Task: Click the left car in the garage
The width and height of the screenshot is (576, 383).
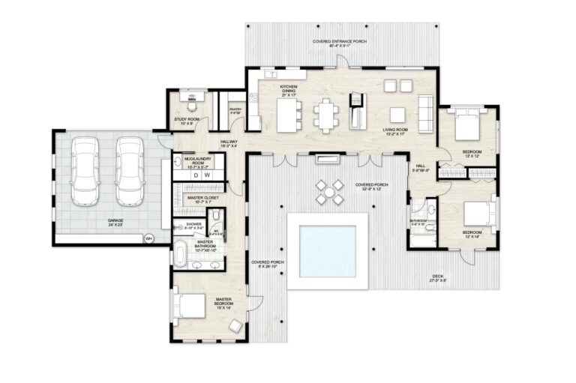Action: point(84,172)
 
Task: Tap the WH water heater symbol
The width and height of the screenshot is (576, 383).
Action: point(148,238)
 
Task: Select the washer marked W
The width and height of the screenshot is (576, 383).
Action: point(207,175)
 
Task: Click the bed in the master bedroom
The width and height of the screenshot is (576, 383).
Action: point(191,306)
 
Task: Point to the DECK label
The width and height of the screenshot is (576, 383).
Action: point(438,277)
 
